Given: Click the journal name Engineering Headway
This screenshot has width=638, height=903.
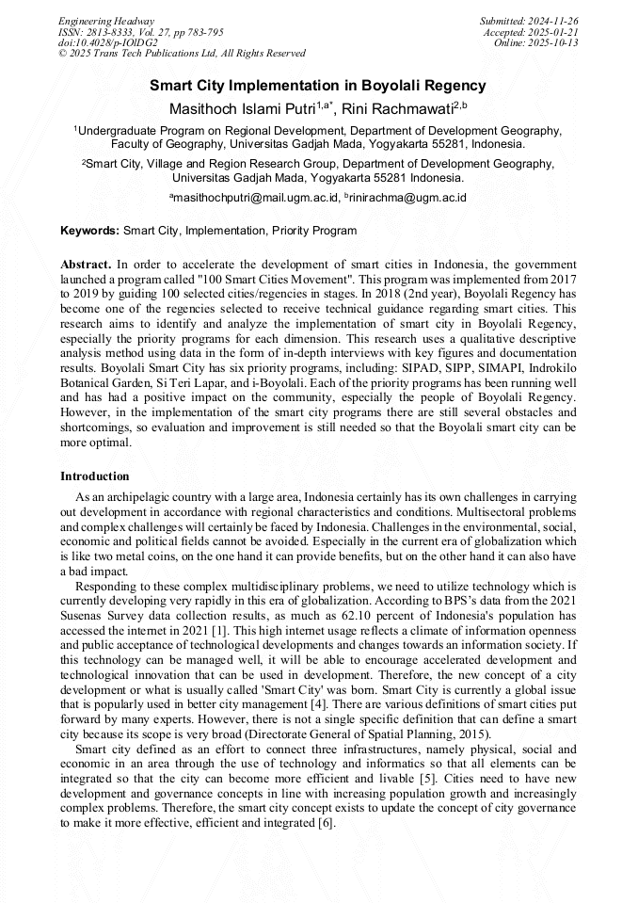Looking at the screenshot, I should point(106,21).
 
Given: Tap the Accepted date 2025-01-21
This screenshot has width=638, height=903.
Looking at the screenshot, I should point(555,32).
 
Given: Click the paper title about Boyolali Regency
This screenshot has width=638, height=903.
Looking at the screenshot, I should point(318,86).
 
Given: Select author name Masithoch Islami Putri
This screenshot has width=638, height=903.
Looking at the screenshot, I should point(241,109).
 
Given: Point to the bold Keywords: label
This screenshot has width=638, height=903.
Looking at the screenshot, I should point(89,231).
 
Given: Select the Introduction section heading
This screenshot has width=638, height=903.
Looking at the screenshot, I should point(95,476).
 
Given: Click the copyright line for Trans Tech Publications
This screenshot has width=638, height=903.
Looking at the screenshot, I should point(182,54).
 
